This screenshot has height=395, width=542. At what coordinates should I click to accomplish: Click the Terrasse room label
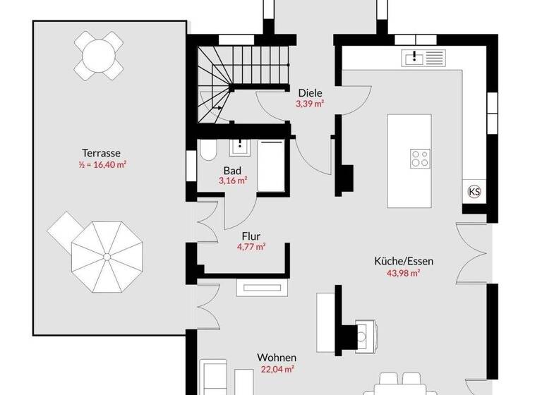(x=101, y=152)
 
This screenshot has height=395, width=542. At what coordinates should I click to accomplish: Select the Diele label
(x=310, y=92)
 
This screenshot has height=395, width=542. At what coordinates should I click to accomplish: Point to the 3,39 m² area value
(x=310, y=104)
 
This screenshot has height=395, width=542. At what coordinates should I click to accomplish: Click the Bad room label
(x=232, y=170)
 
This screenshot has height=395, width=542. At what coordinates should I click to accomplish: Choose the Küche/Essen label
(x=404, y=261)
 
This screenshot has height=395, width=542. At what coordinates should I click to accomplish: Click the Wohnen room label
(x=277, y=358)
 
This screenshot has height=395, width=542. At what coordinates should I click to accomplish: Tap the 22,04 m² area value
(x=276, y=369)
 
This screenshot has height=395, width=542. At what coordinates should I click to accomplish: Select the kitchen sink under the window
(x=423, y=57)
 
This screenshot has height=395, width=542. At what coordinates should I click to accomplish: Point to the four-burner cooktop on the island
(x=421, y=158)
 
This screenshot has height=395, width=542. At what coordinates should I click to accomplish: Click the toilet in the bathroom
(x=207, y=151)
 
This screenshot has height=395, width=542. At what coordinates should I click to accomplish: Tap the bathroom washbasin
(x=239, y=146)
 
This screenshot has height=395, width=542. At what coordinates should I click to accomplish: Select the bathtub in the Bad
(x=271, y=165)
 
